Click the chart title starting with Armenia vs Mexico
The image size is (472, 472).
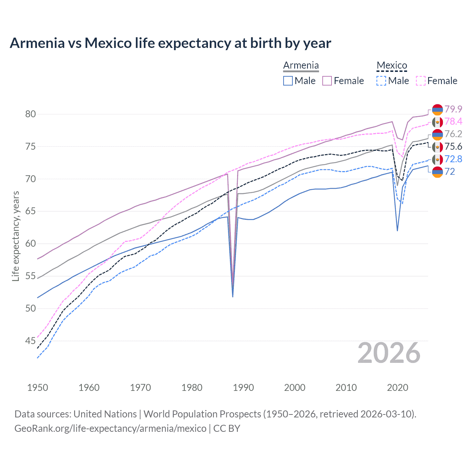click(170, 43)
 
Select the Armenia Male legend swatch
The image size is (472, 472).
click(288, 81)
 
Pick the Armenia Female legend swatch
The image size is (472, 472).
click(327, 81)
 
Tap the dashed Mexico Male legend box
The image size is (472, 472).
click(381, 81)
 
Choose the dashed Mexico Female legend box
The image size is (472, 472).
click(421, 81)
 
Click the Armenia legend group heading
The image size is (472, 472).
click(301, 66)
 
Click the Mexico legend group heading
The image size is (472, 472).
click(392, 66)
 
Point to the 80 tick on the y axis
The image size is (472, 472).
click(31, 114)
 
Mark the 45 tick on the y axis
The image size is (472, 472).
click(31, 341)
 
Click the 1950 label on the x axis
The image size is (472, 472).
click(38, 388)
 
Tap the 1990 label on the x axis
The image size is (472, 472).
click(243, 388)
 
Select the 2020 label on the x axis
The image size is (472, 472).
click(398, 388)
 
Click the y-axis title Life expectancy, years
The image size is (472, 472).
click(15, 236)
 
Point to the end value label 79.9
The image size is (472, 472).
click(453, 109)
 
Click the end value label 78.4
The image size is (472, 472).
click(453, 122)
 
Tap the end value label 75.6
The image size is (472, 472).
click(453, 147)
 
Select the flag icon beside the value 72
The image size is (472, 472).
click(437, 172)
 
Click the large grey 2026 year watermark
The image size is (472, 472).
click(389, 353)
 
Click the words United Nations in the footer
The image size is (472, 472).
click(105, 414)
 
